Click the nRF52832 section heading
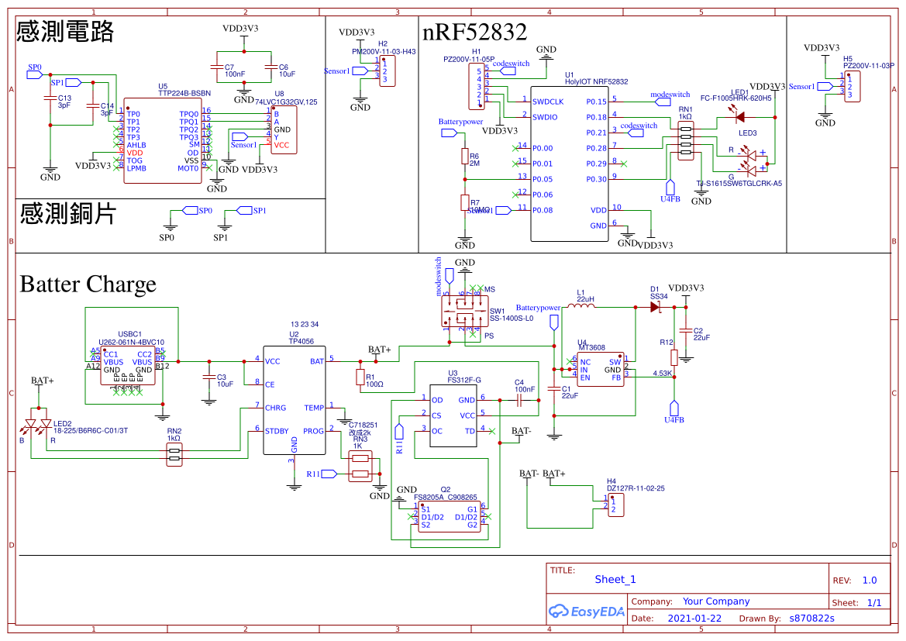(x=474, y=33)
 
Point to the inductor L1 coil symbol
(x=581, y=307)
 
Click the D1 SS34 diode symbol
(x=653, y=307)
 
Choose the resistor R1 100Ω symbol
(x=359, y=377)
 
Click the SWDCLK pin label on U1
(x=548, y=102)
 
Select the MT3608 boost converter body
(x=600, y=370)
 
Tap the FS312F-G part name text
(x=464, y=381)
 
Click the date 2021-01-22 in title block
(x=694, y=619)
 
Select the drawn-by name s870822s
(x=811, y=619)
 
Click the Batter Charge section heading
(x=88, y=284)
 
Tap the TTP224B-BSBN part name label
(x=184, y=93)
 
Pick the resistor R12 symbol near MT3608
(x=674, y=357)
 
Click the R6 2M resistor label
(x=474, y=159)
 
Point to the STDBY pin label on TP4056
(x=277, y=431)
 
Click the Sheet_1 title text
(x=615, y=579)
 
